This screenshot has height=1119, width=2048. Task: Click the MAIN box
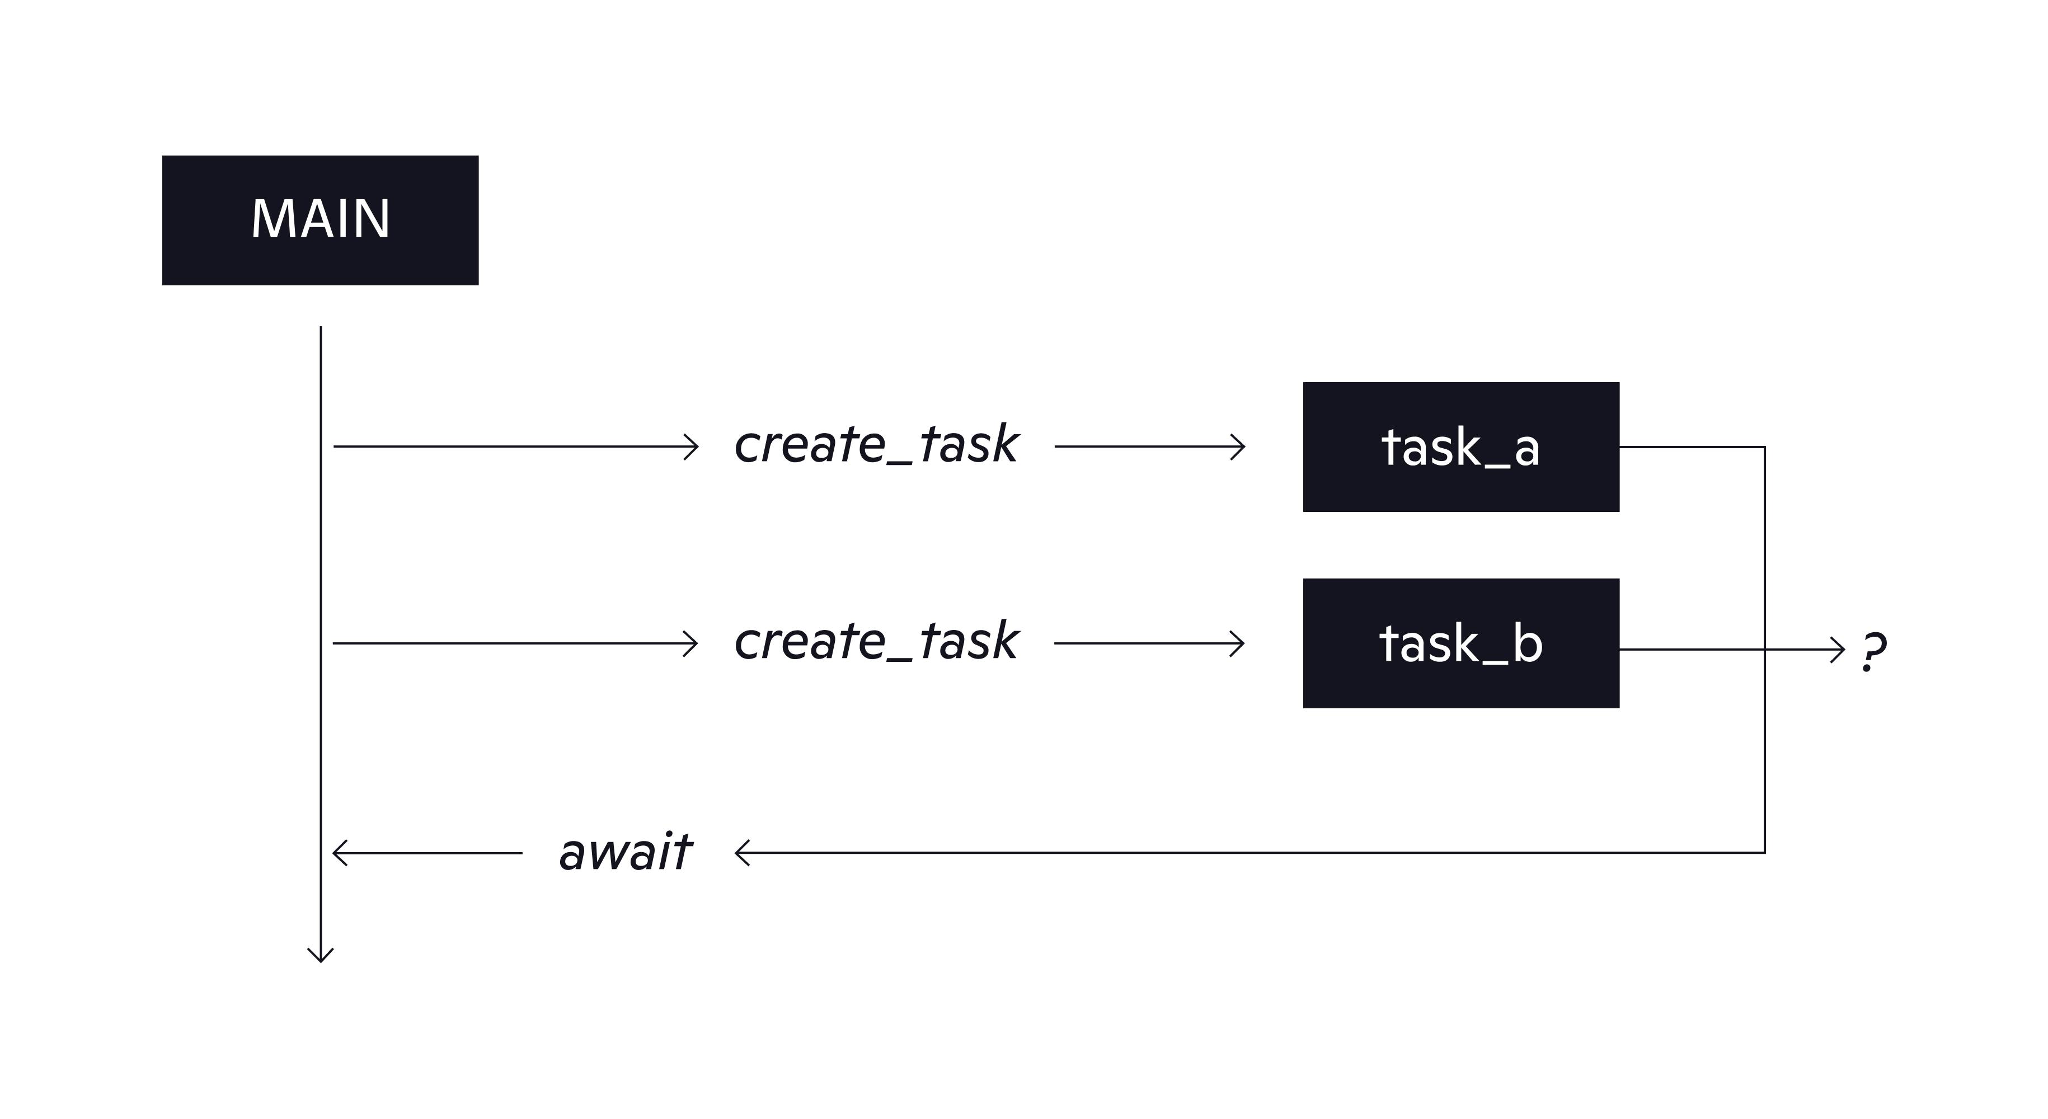pyautogui.click(x=321, y=220)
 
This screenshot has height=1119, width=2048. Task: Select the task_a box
pyautogui.click(x=1461, y=446)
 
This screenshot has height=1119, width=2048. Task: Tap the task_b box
pyautogui.click(x=1461, y=643)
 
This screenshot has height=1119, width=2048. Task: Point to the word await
pyautogui.click(x=626, y=853)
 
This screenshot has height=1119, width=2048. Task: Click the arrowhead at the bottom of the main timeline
pyautogui.click(x=321, y=955)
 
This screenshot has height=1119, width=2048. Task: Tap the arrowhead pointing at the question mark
pyautogui.click(x=1837, y=650)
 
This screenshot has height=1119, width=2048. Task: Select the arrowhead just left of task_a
pyautogui.click(x=1238, y=446)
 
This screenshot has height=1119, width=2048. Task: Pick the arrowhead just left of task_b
pyautogui.click(x=1237, y=643)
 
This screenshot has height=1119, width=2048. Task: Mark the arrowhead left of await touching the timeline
pyautogui.click(x=340, y=853)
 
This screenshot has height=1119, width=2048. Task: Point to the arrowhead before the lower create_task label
pyautogui.click(x=690, y=643)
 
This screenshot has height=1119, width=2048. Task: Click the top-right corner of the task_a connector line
pyautogui.click(x=1765, y=446)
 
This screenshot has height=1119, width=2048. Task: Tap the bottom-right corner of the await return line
pyautogui.click(x=1765, y=853)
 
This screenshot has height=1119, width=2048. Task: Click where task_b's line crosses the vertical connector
pyautogui.click(x=1765, y=650)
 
